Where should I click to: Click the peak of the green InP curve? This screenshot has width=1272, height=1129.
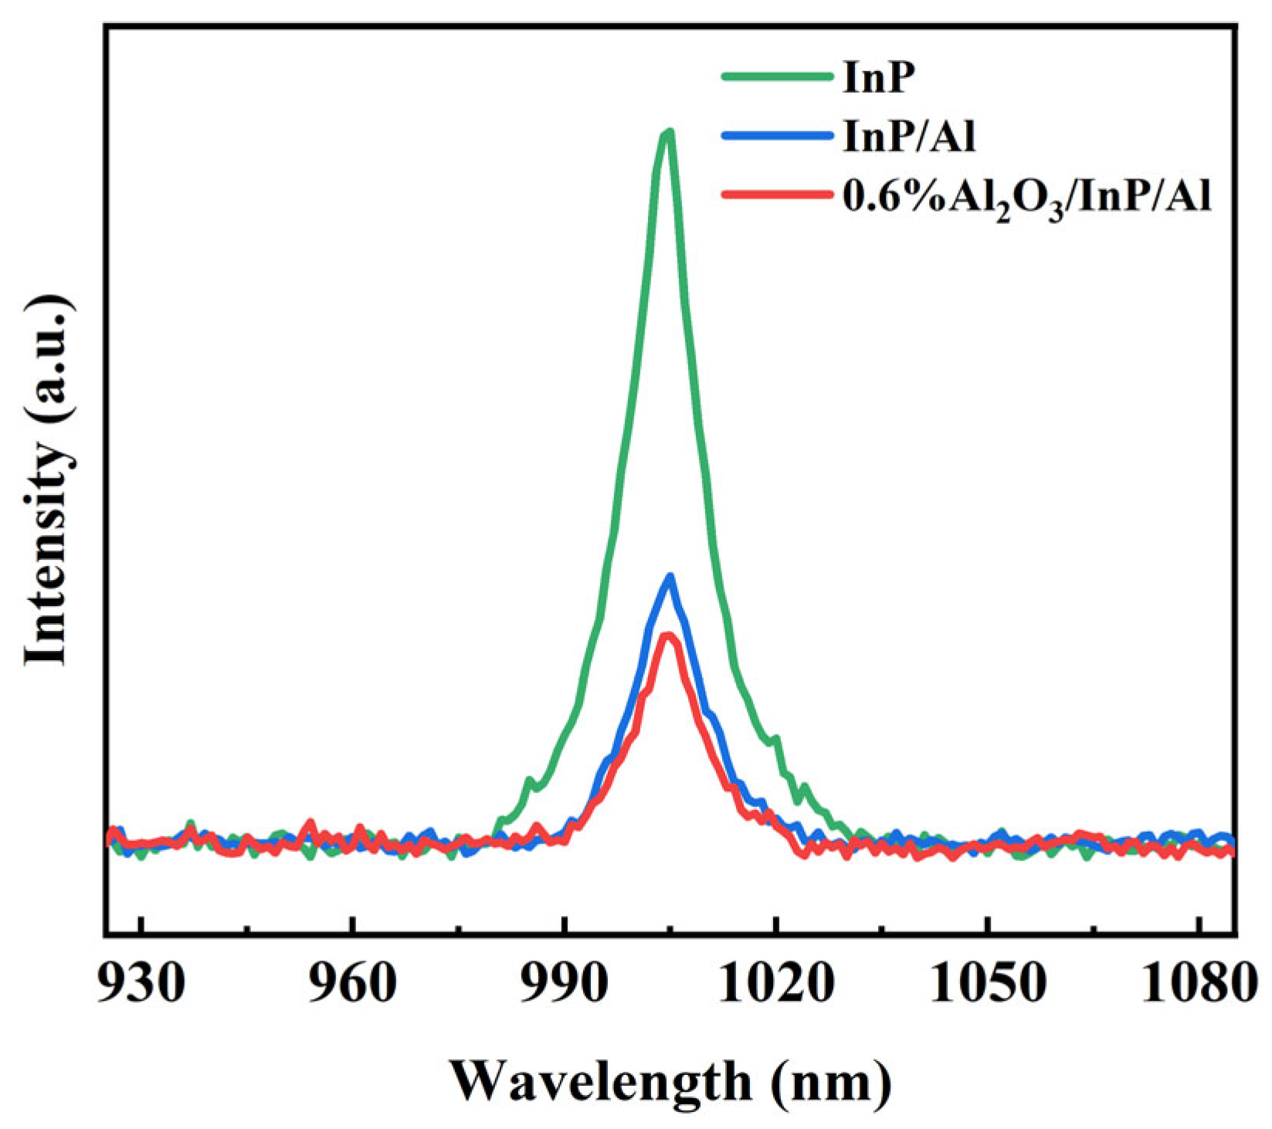click(x=667, y=133)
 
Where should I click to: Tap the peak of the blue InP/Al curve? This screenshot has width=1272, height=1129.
click(x=670, y=576)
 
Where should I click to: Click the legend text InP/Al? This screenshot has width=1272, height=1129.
click(x=909, y=137)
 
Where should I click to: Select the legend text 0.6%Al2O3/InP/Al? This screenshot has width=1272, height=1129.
click(x=1026, y=200)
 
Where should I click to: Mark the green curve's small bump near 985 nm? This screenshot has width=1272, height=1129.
click(x=530, y=781)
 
